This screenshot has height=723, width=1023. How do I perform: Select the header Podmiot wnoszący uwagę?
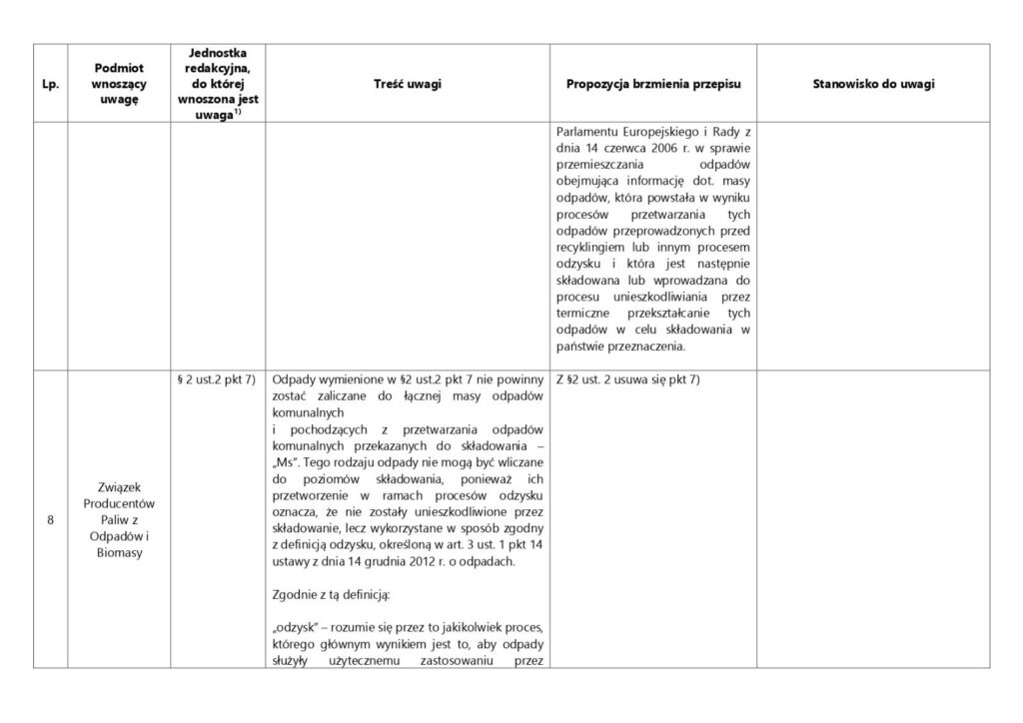click(x=117, y=84)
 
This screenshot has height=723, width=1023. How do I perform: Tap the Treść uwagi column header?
click(x=407, y=84)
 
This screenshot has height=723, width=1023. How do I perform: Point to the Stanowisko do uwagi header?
click(x=875, y=84)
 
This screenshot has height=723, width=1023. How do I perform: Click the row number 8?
click(x=50, y=517)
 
